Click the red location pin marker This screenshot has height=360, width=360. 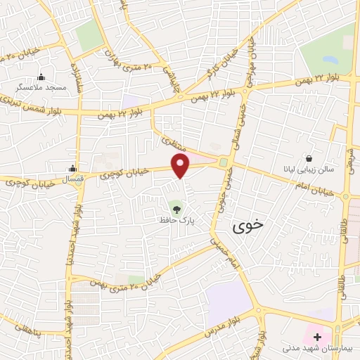click(x=181, y=166)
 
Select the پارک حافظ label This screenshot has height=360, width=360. click(x=175, y=220)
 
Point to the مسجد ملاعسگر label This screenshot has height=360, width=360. click(x=41, y=89)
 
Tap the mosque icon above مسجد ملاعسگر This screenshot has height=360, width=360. click(x=41, y=77)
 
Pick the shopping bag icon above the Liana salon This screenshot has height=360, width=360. click(x=309, y=157)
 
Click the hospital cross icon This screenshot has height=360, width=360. click(x=317, y=337)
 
